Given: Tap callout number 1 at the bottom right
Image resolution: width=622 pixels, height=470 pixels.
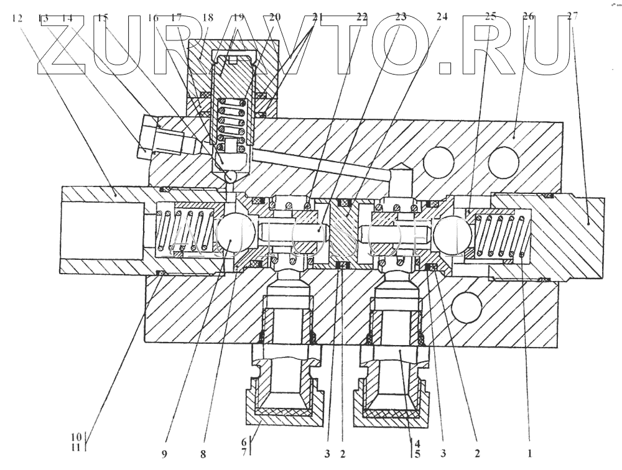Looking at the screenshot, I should [530, 453].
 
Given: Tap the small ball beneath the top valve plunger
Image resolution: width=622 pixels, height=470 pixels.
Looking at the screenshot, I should [231, 176].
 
